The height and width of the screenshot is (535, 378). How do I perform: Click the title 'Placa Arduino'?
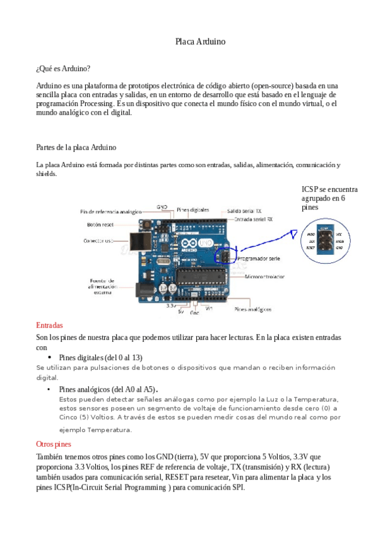click(200, 42)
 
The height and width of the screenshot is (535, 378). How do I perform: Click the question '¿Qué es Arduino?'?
click(63, 68)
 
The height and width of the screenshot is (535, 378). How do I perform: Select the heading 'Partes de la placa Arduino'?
click(76, 148)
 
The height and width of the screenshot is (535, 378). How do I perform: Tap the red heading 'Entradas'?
click(49, 326)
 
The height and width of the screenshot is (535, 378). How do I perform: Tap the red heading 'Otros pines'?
click(54, 444)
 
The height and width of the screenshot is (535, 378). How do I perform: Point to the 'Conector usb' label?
click(98, 241)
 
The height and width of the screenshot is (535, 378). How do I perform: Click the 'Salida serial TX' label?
click(245, 211)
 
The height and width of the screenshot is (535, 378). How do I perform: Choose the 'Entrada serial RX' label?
click(253, 220)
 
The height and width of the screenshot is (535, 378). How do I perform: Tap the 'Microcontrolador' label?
click(264, 276)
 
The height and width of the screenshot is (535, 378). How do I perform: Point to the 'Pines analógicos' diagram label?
click(253, 309)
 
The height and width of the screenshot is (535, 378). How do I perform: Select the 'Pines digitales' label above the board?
click(193, 209)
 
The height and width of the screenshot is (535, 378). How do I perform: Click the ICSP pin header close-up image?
click(322, 241)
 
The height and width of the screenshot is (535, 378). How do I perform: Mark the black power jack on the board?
click(145, 290)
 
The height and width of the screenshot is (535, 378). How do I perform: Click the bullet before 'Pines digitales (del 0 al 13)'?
click(49, 357)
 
